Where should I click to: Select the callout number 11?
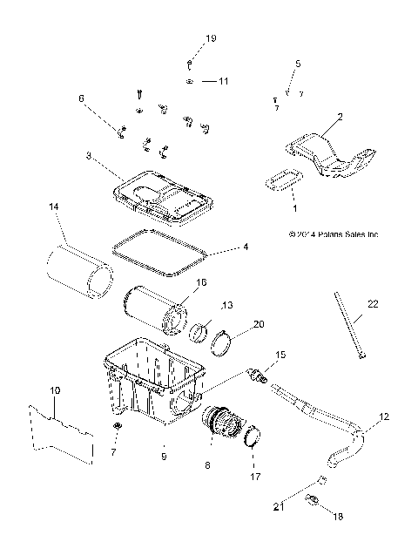pyautogui.click(x=223, y=81)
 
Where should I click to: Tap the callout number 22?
pyautogui.click(x=373, y=303)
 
